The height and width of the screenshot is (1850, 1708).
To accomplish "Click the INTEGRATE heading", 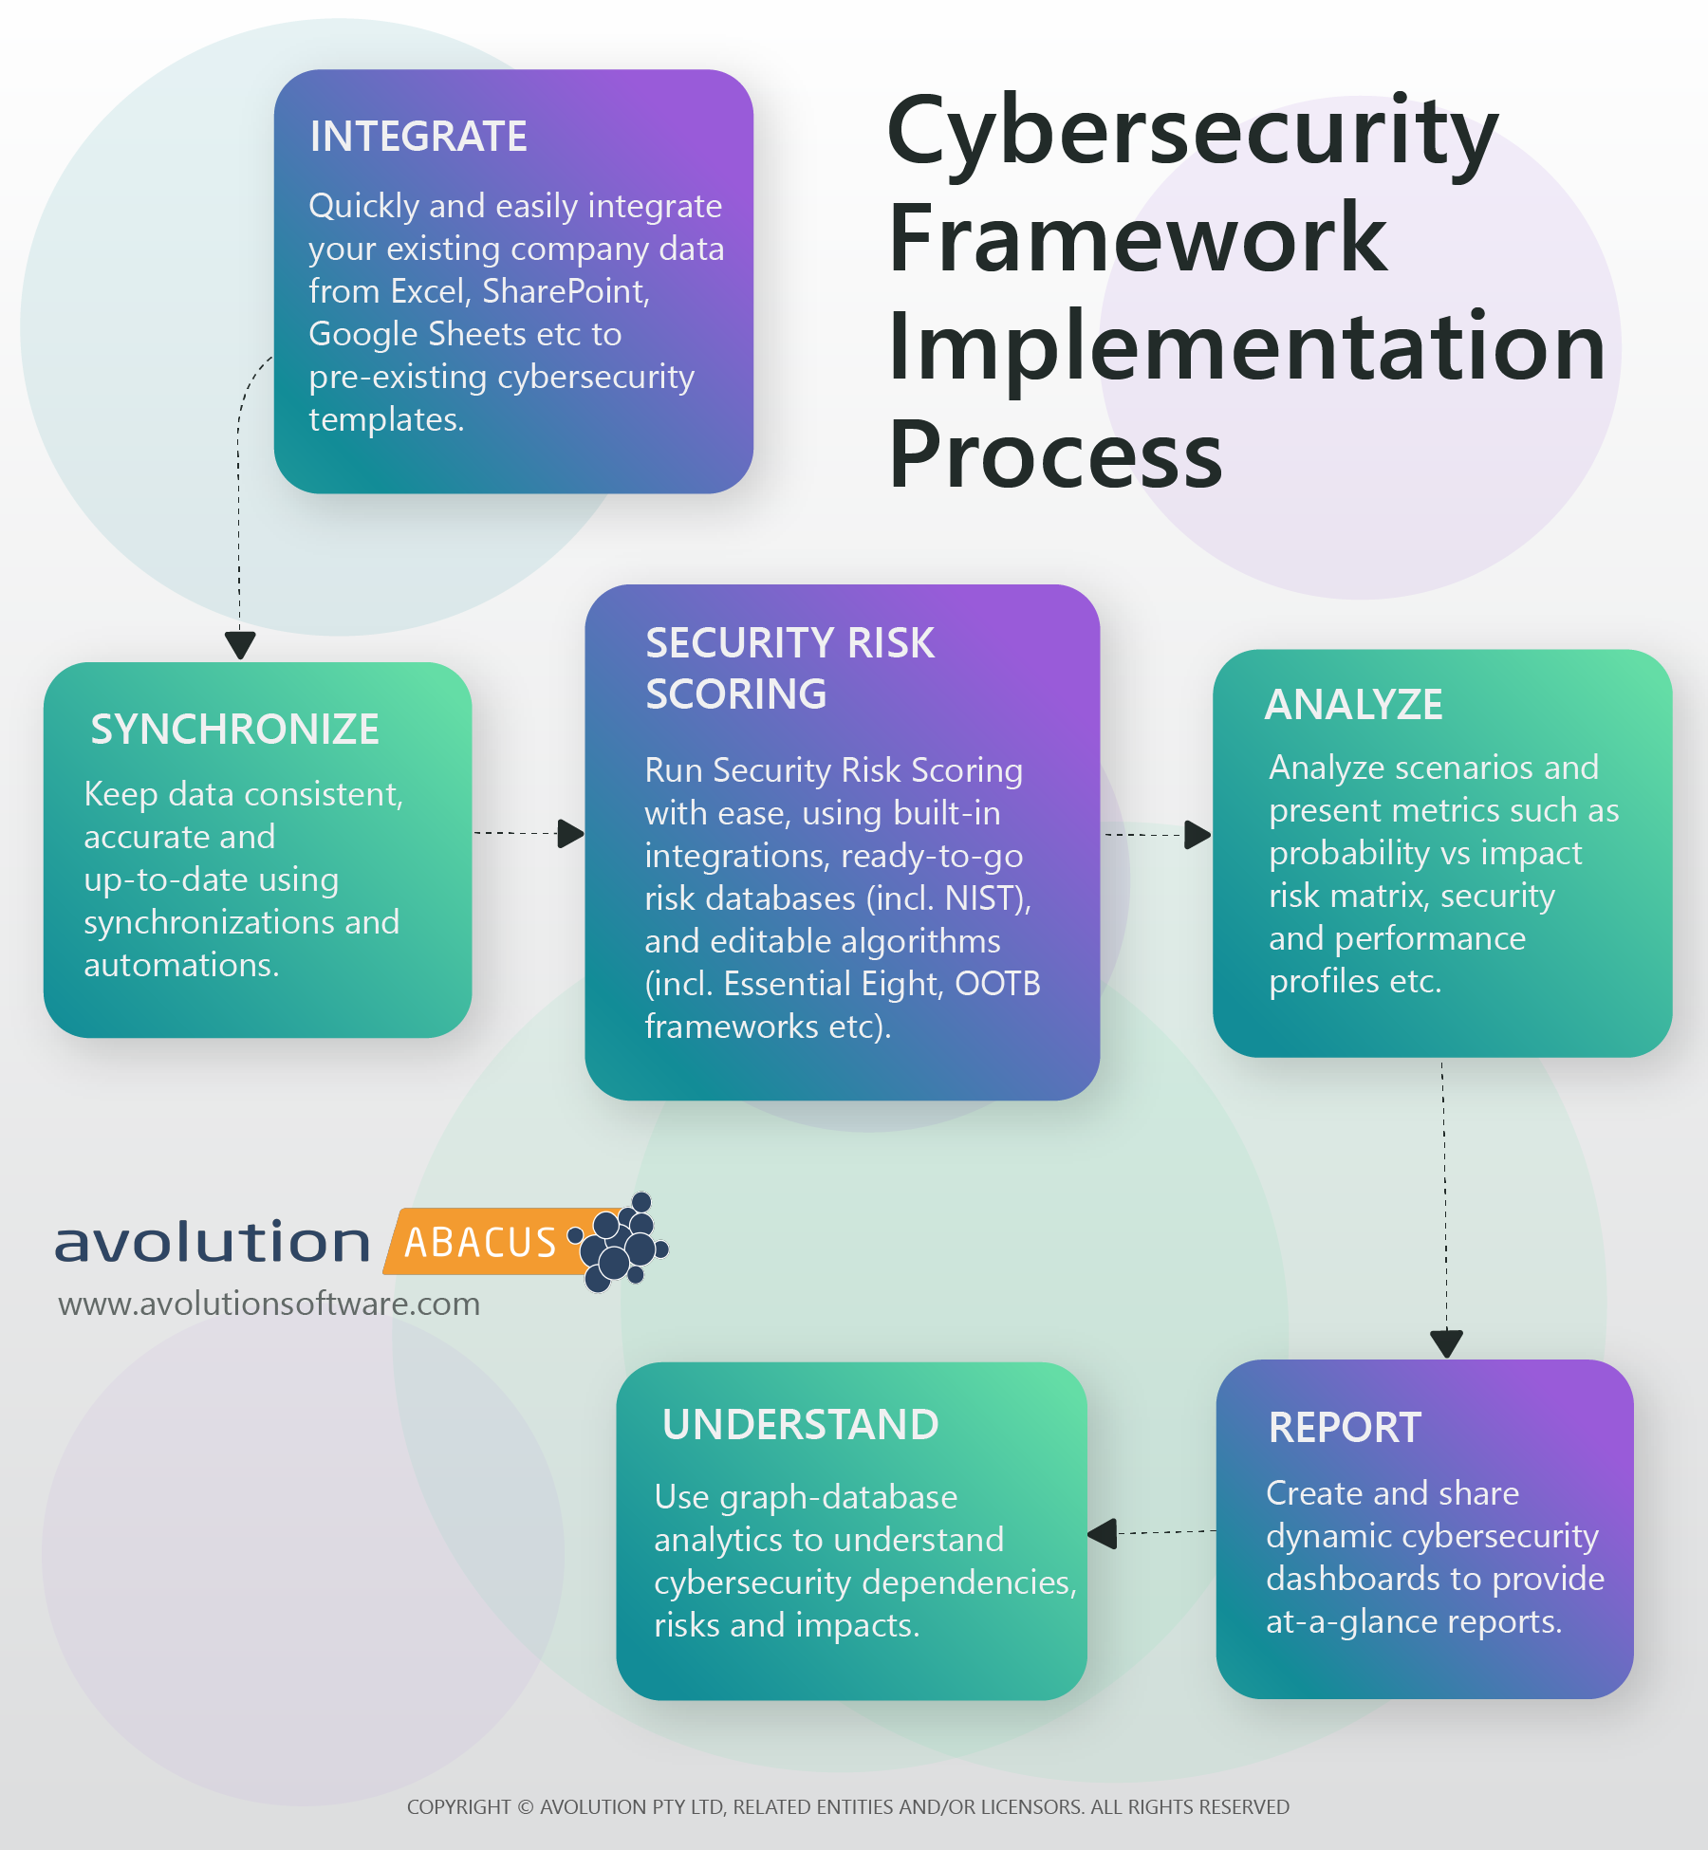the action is click(x=418, y=137).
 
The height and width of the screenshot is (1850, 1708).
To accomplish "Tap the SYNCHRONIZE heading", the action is click(x=234, y=730).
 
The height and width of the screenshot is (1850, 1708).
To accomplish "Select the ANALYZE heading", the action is click(x=1354, y=705).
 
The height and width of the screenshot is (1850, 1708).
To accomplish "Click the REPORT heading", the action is click(x=1345, y=1428).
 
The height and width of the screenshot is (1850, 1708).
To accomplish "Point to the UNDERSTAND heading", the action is click(x=800, y=1425).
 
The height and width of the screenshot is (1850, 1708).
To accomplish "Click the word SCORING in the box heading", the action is click(x=736, y=694).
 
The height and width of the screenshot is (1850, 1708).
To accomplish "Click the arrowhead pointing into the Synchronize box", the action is click(x=240, y=645).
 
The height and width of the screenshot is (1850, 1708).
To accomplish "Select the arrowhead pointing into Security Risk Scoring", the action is click(x=570, y=834).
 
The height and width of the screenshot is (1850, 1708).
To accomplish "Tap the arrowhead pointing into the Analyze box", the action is click(x=1197, y=836).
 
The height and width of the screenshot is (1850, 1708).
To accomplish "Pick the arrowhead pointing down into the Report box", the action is click(x=1446, y=1344).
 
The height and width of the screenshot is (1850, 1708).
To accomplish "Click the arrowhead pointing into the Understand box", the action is click(x=1102, y=1533).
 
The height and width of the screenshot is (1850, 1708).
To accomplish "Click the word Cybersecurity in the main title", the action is click(x=1193, y=133).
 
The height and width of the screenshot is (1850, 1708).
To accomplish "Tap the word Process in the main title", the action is click(x=1055, y=455).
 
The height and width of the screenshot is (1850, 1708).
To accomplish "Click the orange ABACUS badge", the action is click(x=484, y=1241).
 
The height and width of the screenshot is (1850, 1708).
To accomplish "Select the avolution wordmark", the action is click(x=213, y=1243).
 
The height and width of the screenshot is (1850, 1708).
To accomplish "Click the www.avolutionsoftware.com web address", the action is click(x=269, y=1304).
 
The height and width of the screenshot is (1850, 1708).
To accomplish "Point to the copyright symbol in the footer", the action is click(x=525, y=1807).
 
